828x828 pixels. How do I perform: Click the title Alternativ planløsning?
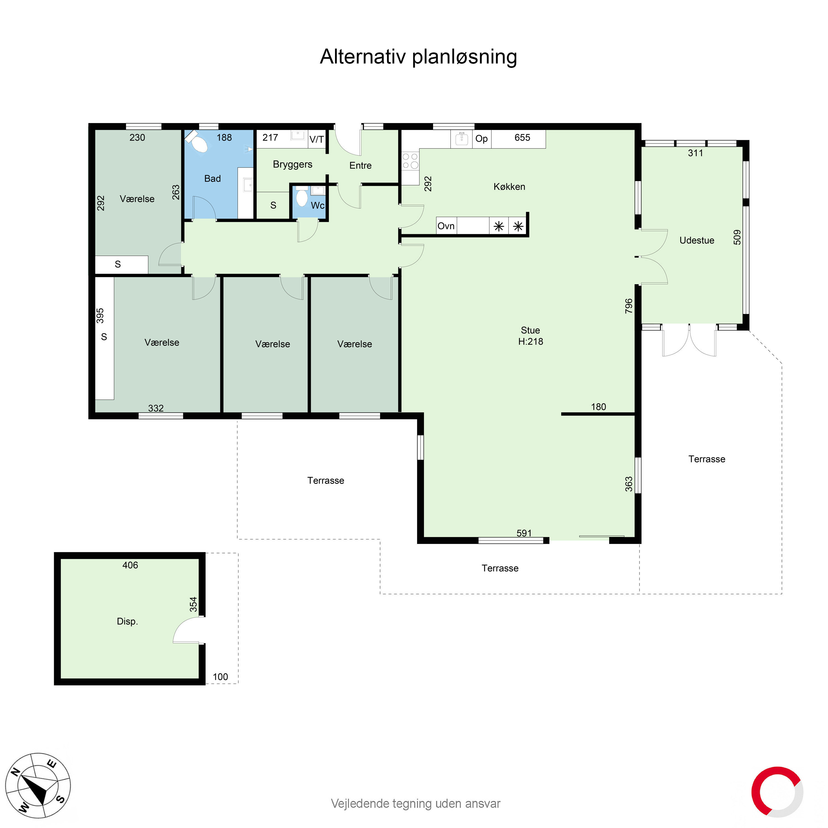click(418, 57)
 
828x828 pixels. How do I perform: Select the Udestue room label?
click(696, 240)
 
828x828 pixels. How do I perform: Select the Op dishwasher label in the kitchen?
click(481, 139)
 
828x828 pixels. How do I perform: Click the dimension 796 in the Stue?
click(628, 306)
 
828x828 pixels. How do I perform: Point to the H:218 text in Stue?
click(530, 342)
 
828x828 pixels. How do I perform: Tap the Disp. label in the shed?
click(127, 622)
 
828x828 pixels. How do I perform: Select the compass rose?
click(38, 785)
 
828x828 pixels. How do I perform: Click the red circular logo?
click(777, 792)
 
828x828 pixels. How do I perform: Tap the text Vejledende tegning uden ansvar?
click(415, 803)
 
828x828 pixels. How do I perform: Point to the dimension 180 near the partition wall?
click(598, 407)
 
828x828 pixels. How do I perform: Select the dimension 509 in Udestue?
click(737, 237)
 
